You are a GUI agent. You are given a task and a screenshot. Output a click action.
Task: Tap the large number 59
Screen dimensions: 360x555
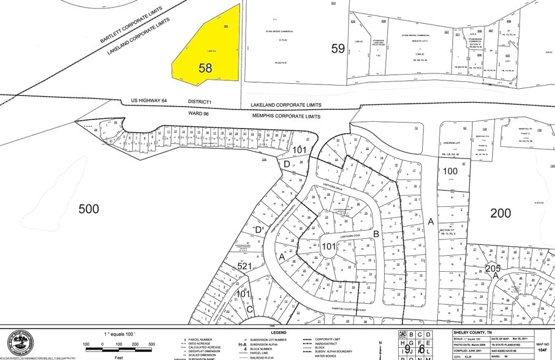tap(338, 49)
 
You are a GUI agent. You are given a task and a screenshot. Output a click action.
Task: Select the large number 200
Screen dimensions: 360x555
tap(500, 212)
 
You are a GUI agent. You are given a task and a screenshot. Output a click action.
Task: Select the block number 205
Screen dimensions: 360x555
tap(493, 268)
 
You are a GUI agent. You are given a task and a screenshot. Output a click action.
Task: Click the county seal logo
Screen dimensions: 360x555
tap(18, 343)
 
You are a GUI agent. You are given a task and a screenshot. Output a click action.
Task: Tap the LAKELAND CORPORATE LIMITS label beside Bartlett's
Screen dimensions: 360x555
tap(139, 37)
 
